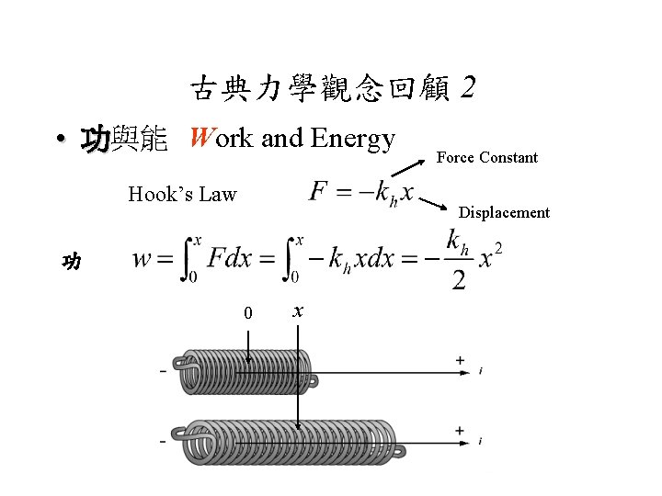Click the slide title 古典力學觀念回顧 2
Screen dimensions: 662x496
[333, 89]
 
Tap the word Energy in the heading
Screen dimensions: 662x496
[353, 139]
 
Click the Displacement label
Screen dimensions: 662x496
[504, 212]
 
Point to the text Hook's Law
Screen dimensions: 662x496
[182, 194]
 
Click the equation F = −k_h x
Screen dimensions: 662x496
[361, 194]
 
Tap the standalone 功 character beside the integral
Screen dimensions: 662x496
[71, 262]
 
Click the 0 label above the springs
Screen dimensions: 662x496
[247, 314]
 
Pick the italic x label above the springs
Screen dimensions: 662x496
[297, 312]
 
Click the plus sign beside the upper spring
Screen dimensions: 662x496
[460, 361]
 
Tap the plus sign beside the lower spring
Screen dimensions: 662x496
[460, 431]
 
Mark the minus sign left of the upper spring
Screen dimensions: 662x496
[163, 370]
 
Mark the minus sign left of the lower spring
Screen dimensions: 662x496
[163, 441]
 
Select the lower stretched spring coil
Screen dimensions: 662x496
[290, 441]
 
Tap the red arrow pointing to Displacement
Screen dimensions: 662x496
[434, 202]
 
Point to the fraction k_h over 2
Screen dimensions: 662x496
[457, 260]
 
